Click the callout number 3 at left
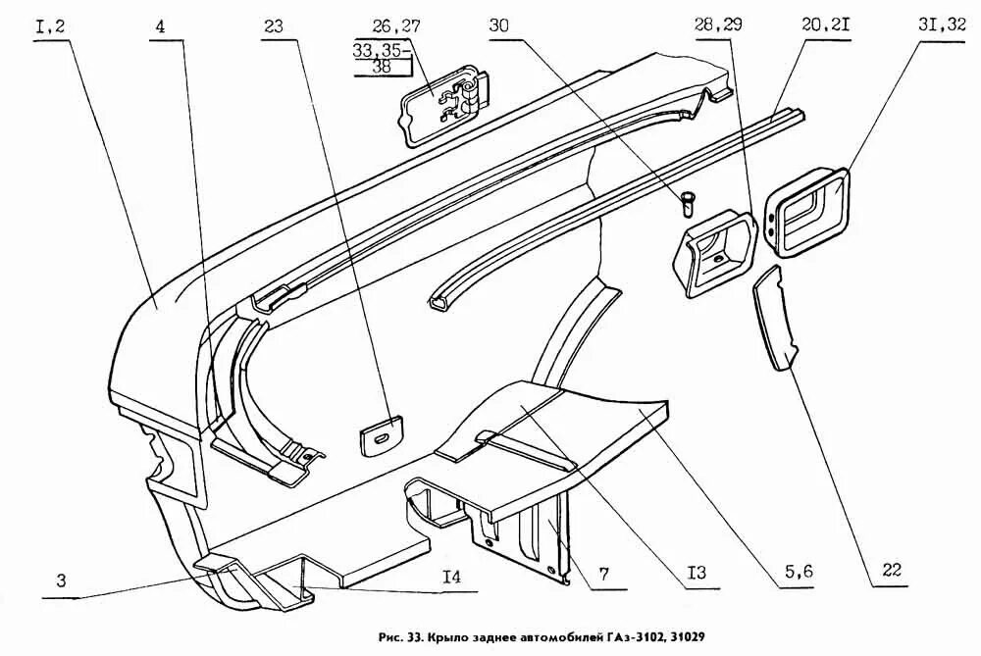pyautogui.click(x=61, y=580)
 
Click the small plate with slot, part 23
pyautogui.click(x=382, y=433)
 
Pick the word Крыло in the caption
pyautogui.click(x=436, y=636)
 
